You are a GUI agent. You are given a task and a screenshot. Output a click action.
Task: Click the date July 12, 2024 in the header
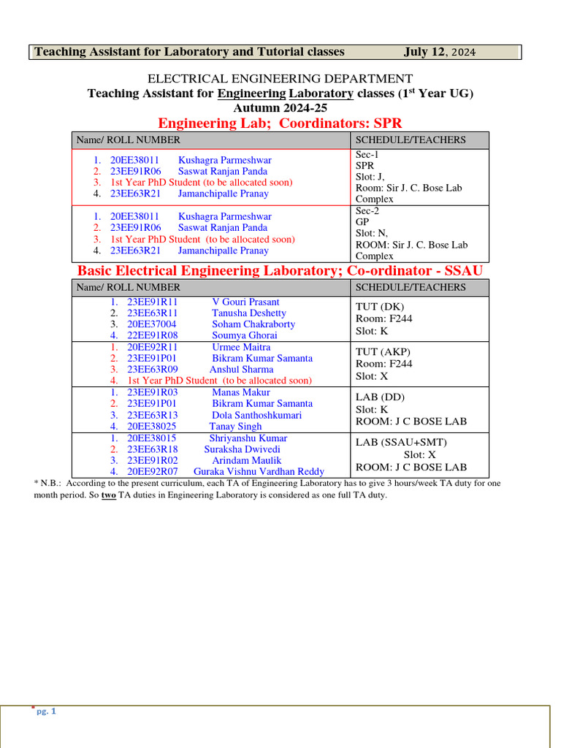(x=439, y=52)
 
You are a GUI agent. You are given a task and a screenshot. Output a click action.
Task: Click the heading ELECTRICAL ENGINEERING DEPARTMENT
(x=280, y=79)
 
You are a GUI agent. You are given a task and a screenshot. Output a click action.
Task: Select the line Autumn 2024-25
(x=280, y=107)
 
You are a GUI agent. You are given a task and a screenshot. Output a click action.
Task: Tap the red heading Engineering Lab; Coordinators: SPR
(x=280, y=123)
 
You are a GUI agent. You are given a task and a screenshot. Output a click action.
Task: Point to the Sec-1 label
(x=367, y=155)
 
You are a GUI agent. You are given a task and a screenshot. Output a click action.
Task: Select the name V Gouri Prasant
(x=245, y=302)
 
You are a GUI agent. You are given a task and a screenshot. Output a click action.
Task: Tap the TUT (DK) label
(x=380, y=307)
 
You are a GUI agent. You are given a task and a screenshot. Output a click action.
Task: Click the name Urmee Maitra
(x=241, y=347)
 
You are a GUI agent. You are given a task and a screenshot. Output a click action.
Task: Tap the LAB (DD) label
(x=380, y=397)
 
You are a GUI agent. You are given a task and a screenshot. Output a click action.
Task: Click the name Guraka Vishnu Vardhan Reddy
(x=259, y=472)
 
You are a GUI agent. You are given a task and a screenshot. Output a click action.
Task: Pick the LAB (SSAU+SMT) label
(x=401, y=443)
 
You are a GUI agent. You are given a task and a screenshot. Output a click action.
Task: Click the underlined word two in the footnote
(x=108, y=495)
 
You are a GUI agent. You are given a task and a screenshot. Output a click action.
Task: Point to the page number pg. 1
(x=46, y=711)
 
